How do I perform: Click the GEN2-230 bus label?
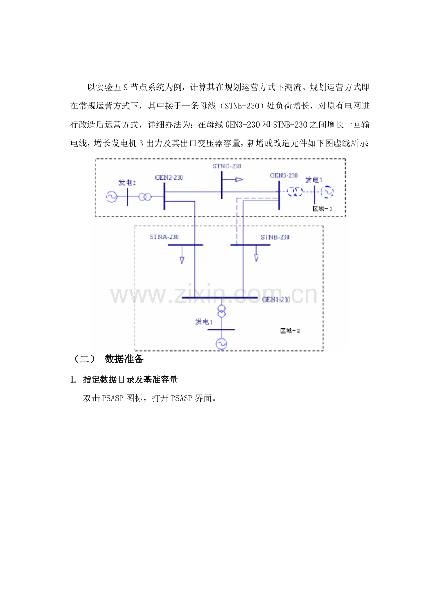[x=169, y=177]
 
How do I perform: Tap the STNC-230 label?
[x=227, y=166]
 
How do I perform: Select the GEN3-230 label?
[x=283, y=175]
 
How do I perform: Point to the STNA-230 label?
[x=164, y=237]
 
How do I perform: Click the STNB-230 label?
[x=275, y=237]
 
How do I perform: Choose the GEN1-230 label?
[x=276, y=300]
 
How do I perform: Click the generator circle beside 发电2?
[x=112, y=197]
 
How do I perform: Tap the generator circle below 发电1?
[x=221, y=343]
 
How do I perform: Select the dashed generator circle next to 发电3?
[x=328, y=191]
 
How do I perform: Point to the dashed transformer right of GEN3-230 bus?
[x=294, y=191]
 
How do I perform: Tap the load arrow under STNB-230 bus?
[x=256, y=256]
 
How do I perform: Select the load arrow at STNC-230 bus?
[x=239, y=179]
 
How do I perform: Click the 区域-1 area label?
[x=322, y=208]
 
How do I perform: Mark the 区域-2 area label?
[x=290, y=331]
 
